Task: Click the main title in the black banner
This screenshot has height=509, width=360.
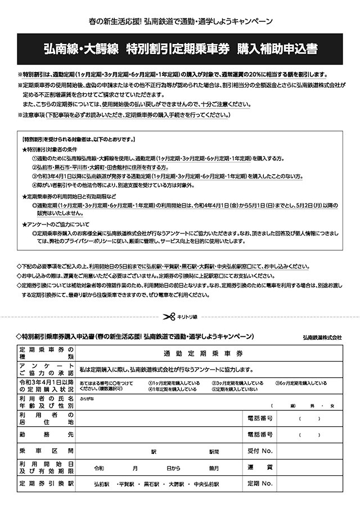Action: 180,49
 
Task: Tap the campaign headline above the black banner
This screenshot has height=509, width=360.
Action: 181,22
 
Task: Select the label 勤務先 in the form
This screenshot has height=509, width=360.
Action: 46,434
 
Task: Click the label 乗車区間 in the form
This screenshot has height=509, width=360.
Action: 46,451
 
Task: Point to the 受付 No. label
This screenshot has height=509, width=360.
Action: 259,451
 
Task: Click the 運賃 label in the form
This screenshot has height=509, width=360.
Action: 259,467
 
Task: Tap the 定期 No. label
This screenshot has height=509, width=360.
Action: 259,483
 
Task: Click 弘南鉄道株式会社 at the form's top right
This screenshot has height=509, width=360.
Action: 322,337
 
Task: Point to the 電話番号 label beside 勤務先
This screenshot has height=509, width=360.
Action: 259,434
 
